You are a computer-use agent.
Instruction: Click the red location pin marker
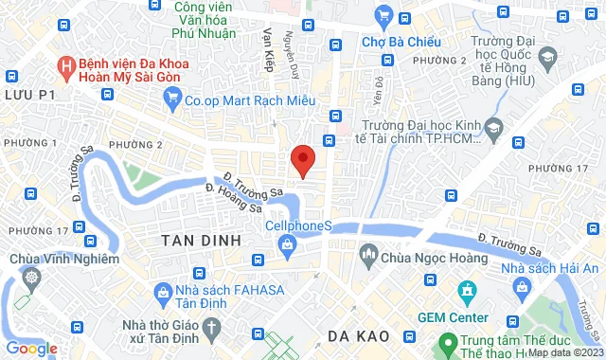pyautogui.click(x=302, y=159)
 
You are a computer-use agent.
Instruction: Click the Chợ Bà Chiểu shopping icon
pyautogui.click(x=383, y=15)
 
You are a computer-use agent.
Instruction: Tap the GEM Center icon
pyautogui.click(x=465, y=289)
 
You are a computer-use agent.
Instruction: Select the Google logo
pyautogui.click(x=30, y=348)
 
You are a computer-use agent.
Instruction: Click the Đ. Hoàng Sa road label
pyautogui.click(x=233, y=197)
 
